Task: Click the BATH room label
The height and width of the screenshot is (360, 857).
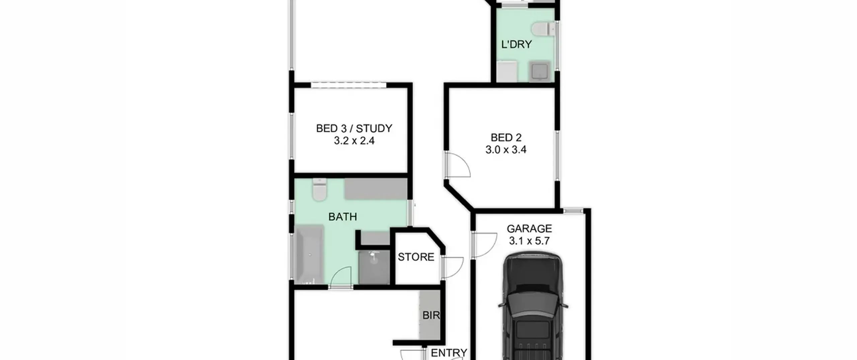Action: pos(342,217)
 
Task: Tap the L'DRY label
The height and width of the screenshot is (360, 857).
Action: pos(517,45)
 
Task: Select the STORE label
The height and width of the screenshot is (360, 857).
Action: pos(416,257)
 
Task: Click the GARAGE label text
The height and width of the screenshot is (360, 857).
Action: pos(529,229)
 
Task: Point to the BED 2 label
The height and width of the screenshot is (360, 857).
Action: pos(506,138)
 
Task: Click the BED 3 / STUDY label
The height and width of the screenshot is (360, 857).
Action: pos(354,129)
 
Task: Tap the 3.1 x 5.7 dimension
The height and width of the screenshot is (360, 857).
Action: pos(529,241)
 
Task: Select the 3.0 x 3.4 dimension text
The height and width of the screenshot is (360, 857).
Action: pos(506,150)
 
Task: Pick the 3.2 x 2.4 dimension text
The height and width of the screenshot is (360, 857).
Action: pos(354,141)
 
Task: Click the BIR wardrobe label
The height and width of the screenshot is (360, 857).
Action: pos(431,315)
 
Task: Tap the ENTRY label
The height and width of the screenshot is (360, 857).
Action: pos(449,353)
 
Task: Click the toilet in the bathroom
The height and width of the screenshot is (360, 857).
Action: pos(319,190)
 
